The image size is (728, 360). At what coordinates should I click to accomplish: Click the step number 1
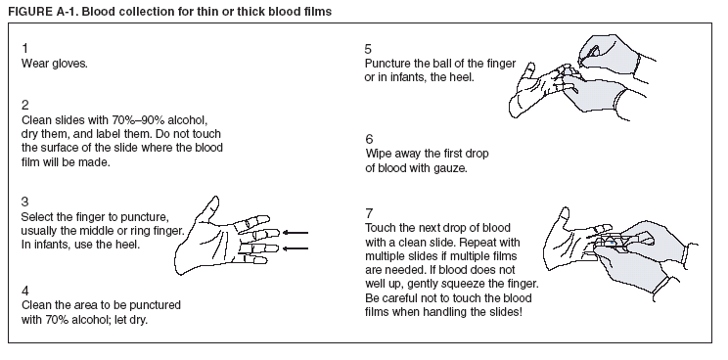pos(24,48)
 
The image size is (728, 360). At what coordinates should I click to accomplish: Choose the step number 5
pos(368,48)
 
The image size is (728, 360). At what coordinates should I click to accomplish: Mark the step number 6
pos(368,138)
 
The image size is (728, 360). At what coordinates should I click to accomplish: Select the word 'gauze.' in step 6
pos(447,167)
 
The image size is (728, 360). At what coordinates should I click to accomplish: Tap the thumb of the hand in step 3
pos(211,208)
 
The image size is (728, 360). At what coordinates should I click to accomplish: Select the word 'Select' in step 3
pos(38,215)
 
